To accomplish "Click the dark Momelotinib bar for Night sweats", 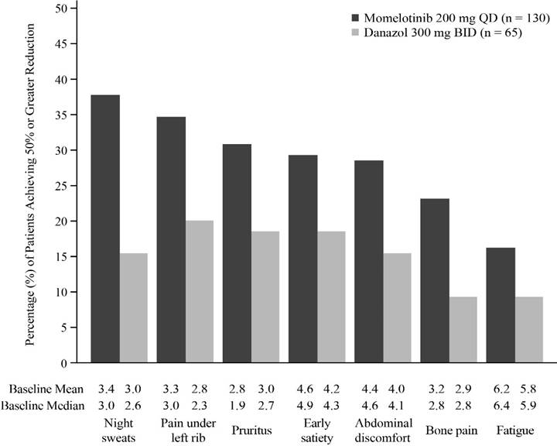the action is click(x=105, y=228).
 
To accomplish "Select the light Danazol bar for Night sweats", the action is click(x=134, y=308).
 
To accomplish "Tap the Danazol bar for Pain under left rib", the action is click(x=200, y=292).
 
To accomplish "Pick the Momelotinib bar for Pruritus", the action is click(x=237, y=253).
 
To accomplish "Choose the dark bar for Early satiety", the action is click(x=303, y=259).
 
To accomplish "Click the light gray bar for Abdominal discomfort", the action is click(x=397, y=308).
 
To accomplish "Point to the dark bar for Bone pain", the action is click(x=435, y=280).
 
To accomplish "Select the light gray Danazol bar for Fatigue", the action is click(x=529, y=330).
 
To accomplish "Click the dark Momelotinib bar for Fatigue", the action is click(x=501, y=305).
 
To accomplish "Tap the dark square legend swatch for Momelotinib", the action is click(x=356, y=18).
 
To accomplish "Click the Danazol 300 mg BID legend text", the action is click(x=443, y=33).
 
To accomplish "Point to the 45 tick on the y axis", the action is click(x=73, y=43).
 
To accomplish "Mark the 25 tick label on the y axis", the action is click(x=61, y=186).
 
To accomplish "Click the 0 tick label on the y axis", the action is click(x=64, y=363).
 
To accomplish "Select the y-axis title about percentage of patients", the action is click(x=30, y=185).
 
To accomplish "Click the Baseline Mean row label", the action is click(x=46, y=389).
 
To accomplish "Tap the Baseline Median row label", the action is click(x=43, y=406).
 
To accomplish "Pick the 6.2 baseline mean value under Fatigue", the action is click(x=501, y=389).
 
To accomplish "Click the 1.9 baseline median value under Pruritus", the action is click(x=237, y=406).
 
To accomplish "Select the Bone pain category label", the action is click(x=452, y=431).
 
